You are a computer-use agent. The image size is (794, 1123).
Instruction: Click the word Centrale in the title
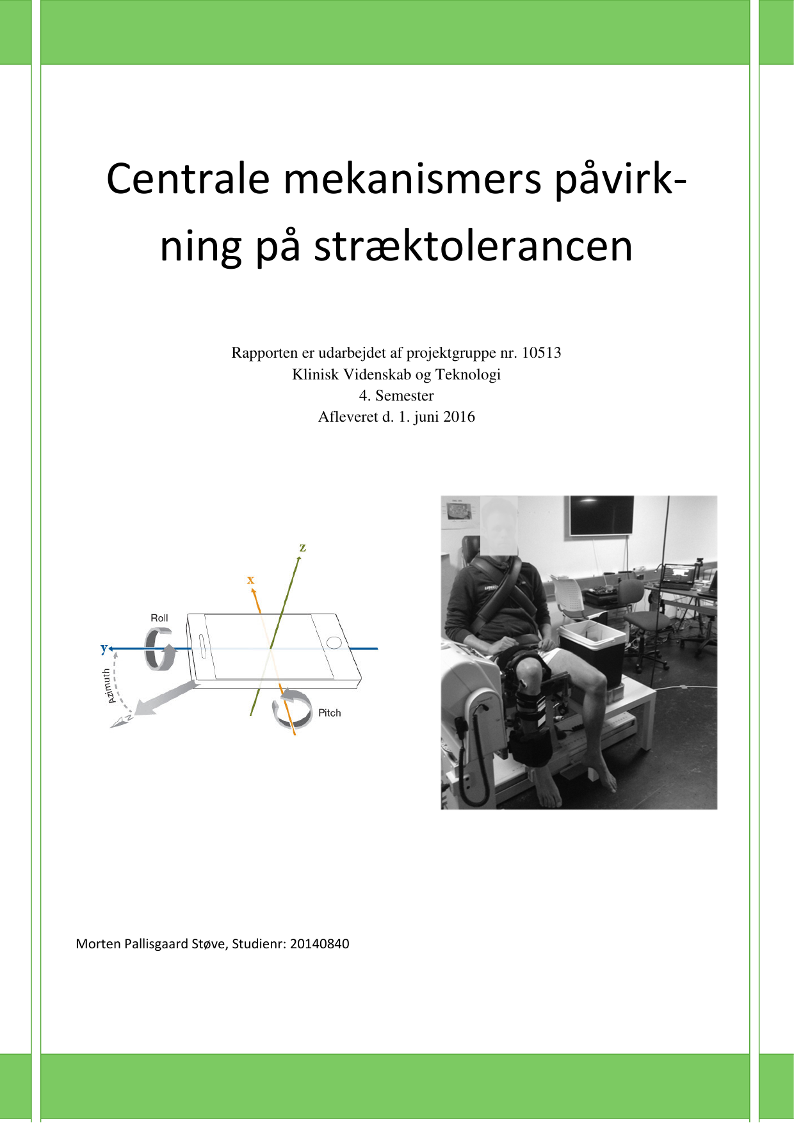[188, 179]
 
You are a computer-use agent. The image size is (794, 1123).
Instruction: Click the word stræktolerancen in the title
[473, 247]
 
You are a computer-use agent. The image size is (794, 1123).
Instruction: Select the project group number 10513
[541, 353]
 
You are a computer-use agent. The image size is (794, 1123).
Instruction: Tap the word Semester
[404, 395]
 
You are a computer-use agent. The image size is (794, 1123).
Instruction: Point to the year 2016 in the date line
[458, 417]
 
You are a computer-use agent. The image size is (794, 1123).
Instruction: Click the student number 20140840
[319, 944]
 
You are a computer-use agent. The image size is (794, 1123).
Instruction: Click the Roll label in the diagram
[159, 618]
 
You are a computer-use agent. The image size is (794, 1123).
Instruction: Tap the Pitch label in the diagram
[329, 713]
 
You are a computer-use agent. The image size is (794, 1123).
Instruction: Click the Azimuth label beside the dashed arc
[109, 686]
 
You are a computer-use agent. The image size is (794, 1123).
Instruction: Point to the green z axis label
[302, 548]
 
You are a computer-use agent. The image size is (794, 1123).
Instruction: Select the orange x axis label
[250, 580]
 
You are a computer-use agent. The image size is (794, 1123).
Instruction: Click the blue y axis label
[104, 648]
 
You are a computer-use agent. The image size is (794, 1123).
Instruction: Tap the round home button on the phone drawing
[334, 642]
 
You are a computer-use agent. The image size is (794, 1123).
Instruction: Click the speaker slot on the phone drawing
[203, 646]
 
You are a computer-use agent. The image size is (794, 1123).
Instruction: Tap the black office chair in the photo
[644, 624]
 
